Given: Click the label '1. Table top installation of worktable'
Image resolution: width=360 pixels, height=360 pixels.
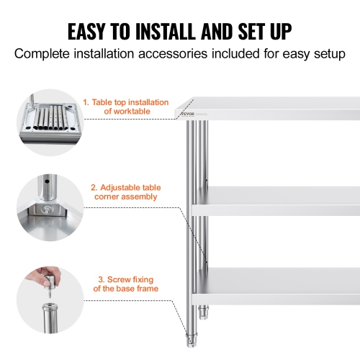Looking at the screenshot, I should pos(127,107).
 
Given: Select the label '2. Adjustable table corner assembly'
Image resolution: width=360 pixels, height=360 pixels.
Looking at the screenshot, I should pos(124,192).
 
